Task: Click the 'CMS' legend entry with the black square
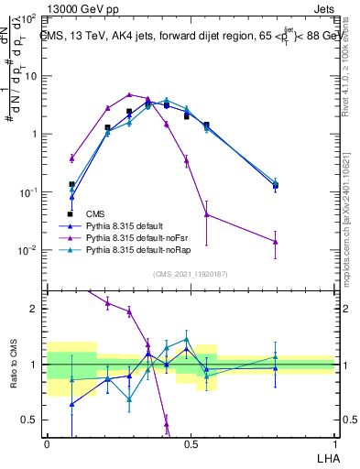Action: tap(96, 213)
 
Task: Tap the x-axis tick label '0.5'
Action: tap(191, 442)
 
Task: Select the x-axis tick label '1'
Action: tap(334, 442)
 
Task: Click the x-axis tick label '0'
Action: tap(47, 442)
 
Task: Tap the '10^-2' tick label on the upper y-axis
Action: tap(27, 251)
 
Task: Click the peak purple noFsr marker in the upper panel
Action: tap(130, 94)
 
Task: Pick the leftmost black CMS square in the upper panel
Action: tap(71, 184)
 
